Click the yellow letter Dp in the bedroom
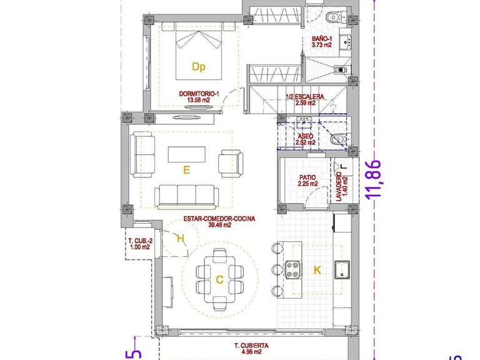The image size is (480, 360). (x=198, y=66)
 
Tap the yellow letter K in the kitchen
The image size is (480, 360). (x=317, y=270)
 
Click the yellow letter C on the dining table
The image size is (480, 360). (x=219, y=280)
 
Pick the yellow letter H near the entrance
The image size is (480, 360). (x=180, y=238)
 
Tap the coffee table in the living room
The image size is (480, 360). (x=186, y=154)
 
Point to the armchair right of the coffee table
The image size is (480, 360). (x=227, y=164)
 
